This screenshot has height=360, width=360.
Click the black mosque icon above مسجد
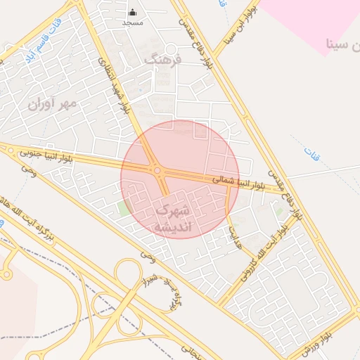click(133, 12)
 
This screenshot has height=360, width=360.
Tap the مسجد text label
click(133, 22)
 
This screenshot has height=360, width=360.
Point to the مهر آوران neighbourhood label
click(51, 103)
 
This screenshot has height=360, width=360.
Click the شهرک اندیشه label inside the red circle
click(172, 219)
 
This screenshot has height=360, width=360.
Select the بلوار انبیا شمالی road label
click(238, 181)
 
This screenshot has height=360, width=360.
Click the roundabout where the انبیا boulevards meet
click(157, 170)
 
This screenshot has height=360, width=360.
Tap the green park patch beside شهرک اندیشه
click(124, 209)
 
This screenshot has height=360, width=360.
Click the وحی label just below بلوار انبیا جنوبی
click(29, 168)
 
